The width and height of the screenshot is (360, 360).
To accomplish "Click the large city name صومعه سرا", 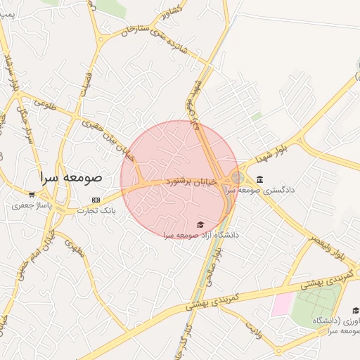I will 70,177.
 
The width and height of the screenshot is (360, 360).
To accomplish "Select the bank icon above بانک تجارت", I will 96,200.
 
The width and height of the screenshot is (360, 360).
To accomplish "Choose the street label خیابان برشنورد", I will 191,182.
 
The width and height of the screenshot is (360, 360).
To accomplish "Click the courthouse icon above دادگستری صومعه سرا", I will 260,179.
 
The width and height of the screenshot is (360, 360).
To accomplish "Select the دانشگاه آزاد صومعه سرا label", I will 200,234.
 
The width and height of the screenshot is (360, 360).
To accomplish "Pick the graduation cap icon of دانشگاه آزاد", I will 200,224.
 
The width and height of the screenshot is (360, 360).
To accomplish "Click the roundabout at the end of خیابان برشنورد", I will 238,179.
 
